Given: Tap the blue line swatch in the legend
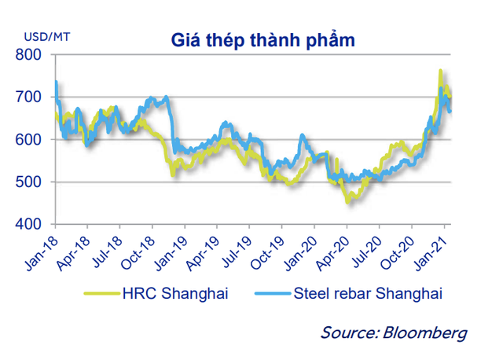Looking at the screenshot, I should pyautogui.click(x=272, y=295).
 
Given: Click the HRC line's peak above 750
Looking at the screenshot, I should pyautogui.click(x=440, y=71).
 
